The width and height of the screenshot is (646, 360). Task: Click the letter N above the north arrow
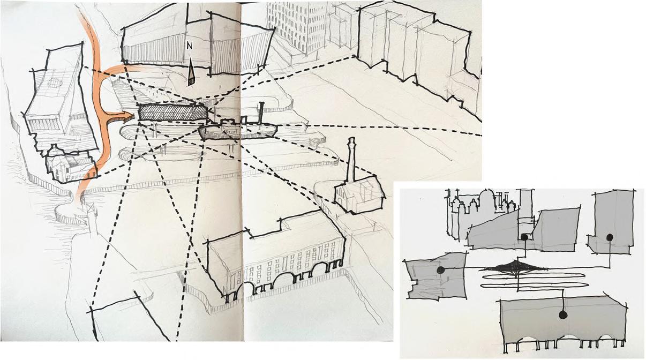[190, 46]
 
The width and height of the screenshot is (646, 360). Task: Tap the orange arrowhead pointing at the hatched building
[129, 117]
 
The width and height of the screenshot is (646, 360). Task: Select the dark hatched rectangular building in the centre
[173, 112]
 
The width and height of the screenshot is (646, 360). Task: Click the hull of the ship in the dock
[238, 132]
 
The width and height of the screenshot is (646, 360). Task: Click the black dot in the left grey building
[440, 270]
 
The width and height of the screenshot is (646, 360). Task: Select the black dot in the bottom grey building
[562, 314]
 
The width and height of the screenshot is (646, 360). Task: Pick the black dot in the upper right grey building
[610, 237]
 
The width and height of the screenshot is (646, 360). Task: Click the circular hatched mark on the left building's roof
[55, 82]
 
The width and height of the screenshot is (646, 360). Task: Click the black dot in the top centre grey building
[524, 237]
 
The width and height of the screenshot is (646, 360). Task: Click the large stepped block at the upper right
[418, 49]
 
